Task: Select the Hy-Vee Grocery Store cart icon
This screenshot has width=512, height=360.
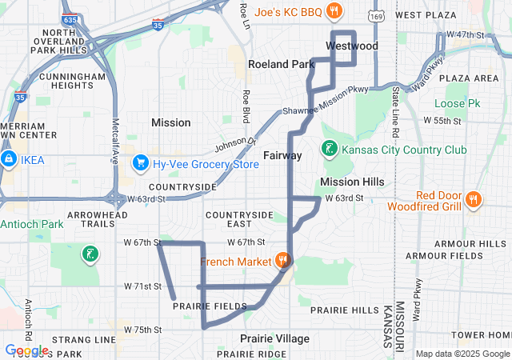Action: pyautogui.click(x=141, y=164)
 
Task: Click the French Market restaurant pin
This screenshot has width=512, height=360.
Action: pyautogui.click(x=282, y=260)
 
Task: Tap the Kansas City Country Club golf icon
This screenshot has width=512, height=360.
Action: pyautogui.click(x=329, y=149)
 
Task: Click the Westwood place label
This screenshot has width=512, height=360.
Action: pyautogui.click(x=352, y=46)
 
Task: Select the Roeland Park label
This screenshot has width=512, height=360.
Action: pyautogui.click(x=281, y=63)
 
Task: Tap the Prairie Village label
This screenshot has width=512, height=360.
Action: pyautogui.click(x=274, y=338)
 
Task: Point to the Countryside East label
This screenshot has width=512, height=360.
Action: pyautogui.click(x=239, y=220)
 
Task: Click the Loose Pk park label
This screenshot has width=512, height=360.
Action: pyautogui.click(x=457, y=103)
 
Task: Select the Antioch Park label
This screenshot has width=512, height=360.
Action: pyautogui.click(x=32, y=224)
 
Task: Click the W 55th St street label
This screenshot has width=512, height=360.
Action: pyautogui.click(x=442, y=121)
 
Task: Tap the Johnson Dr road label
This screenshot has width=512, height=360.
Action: pyautogui.click(x=234, y=146)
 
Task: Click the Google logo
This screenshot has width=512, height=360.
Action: pyautogui.click(x=26, y=350)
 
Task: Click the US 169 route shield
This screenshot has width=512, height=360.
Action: pyautogui.click(x=375, y=15)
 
